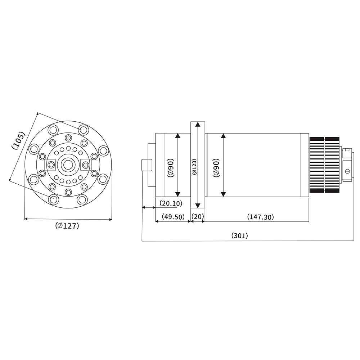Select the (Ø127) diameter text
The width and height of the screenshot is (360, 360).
[67, 226]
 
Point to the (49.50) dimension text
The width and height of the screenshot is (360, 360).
[173, 217]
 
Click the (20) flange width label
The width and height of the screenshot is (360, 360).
[198, 217]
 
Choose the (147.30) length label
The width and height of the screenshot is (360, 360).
[260, 217]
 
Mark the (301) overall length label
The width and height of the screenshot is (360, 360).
[239, 236]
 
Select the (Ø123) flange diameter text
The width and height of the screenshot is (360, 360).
[194, 166]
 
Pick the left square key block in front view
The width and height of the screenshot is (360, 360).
[51, 165]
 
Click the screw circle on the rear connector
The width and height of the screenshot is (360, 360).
[347, 171]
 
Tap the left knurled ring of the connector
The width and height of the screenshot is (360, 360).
[316, 165]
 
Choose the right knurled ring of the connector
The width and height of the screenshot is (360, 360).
[332, 165]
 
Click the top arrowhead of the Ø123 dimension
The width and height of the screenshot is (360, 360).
[197, 124]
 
